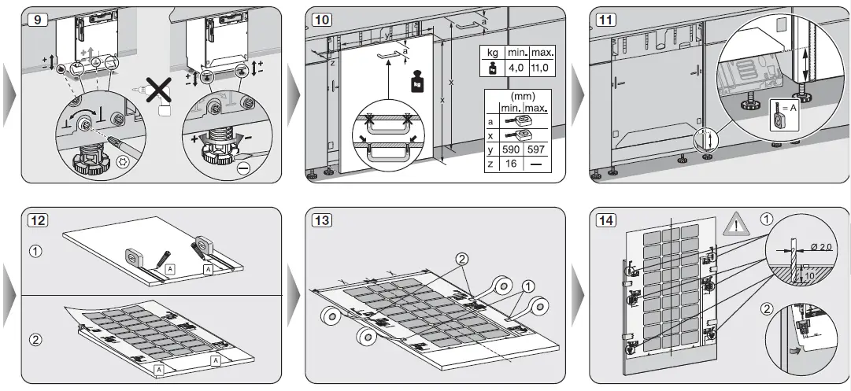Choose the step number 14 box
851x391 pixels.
click(605, 220)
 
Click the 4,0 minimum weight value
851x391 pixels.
click(516, 68)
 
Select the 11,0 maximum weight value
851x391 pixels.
click(542, 68)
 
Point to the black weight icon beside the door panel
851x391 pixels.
click(416, 81)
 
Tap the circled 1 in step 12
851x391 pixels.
click(34, 253)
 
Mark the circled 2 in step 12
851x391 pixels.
click(34, 341)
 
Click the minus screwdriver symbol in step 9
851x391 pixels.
click(245, 168)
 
